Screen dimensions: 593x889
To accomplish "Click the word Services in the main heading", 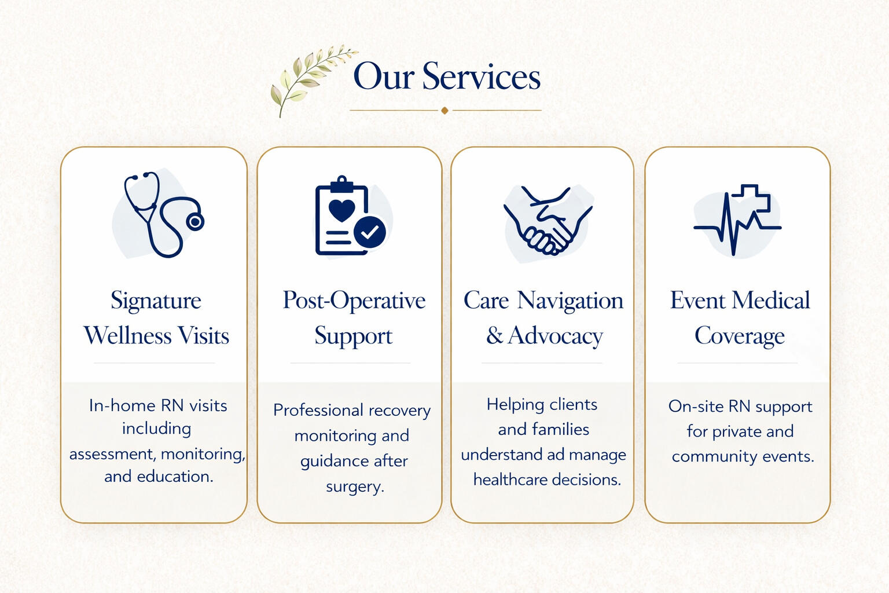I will pos(481,76).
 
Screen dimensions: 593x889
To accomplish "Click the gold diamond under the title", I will pos(444,110).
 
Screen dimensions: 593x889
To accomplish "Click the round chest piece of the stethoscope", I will pos(195,221).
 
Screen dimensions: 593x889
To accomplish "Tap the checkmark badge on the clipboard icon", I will pos(369,232).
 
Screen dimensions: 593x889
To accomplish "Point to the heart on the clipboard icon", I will pos(341,210).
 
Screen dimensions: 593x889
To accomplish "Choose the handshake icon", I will pos(548,221).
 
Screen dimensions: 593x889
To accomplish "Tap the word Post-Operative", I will pos(354,301).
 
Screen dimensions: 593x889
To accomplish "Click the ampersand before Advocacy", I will pos(494,336).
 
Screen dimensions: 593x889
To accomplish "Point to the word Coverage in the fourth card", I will pos(739,336).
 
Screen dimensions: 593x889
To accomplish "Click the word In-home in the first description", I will pos(122,405).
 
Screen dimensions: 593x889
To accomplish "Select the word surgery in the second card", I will pos(355,486).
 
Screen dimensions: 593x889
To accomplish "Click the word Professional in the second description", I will pos(318,410).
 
